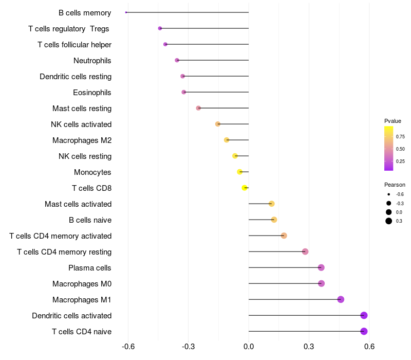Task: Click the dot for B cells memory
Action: pos(126,12)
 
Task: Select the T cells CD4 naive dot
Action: pos(364,331)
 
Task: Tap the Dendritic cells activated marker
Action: pos(364,315)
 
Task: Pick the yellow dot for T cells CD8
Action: pos(245,188)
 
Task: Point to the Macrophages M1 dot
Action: pos(341,299)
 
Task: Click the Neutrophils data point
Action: pos(177,60)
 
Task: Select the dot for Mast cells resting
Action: pos(198,108)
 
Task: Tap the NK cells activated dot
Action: pos(218,124)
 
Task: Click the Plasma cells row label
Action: pos(89,268)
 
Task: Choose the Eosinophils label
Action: pos(92,93)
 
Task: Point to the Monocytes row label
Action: pos(92,172)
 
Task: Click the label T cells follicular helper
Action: pos(74,45)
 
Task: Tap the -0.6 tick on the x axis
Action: pos(128,347)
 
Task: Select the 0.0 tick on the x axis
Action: pos(249,347)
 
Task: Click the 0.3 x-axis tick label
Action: pos(309,347)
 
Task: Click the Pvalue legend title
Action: pos(393,121)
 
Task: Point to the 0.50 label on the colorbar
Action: pos(400,149)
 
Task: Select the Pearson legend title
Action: pos(395,185)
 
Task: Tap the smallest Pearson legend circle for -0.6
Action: pos(389,194)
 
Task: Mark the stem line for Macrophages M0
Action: pos(285,283)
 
